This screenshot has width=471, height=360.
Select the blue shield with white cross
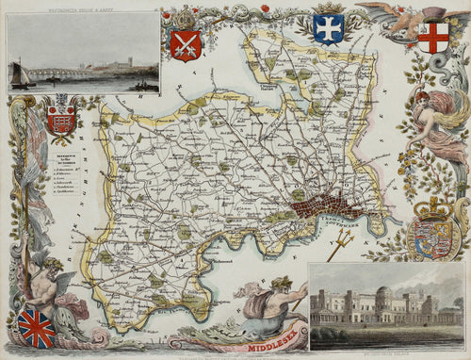tap(328, 28)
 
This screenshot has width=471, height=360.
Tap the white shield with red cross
tap(433, 37)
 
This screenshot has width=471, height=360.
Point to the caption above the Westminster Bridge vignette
tap(83, 8)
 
